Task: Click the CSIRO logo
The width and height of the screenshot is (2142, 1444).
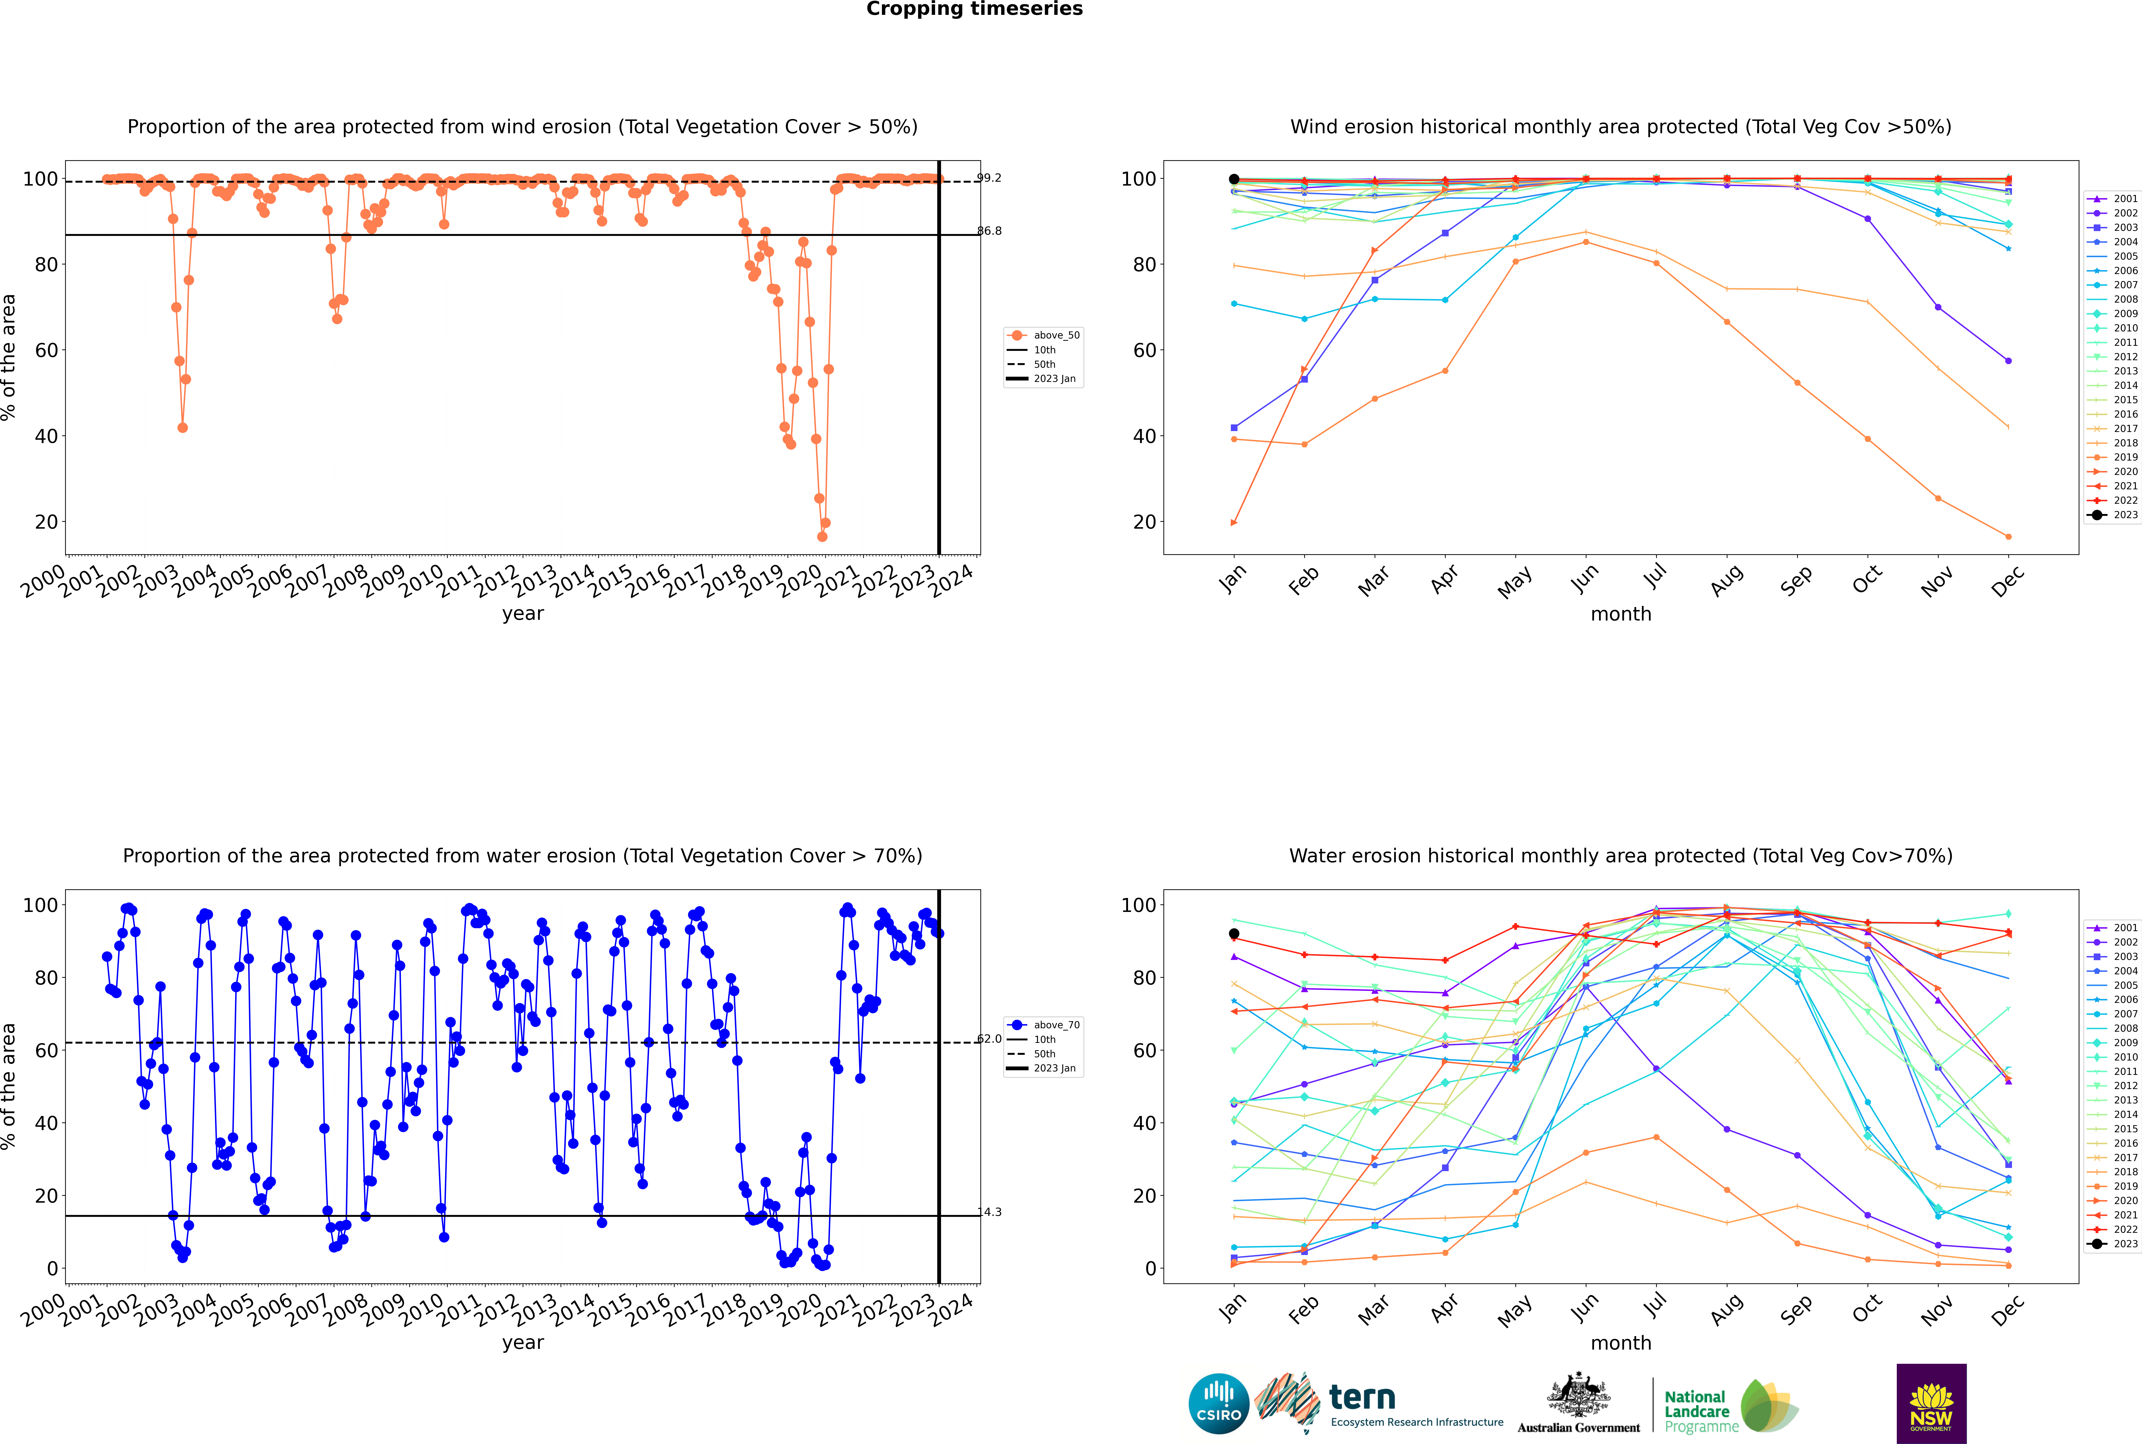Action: (x=1218, y=1404)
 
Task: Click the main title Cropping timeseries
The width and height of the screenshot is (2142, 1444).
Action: (x=974, y=9)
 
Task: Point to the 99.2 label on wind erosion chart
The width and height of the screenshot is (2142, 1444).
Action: (x=989, y=178)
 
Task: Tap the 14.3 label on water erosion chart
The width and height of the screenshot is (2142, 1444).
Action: (x=989, y=1212)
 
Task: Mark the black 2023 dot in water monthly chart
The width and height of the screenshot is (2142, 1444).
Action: (x=1234, y=934)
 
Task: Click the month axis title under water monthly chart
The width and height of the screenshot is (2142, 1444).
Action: (x=1621, y=1343)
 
